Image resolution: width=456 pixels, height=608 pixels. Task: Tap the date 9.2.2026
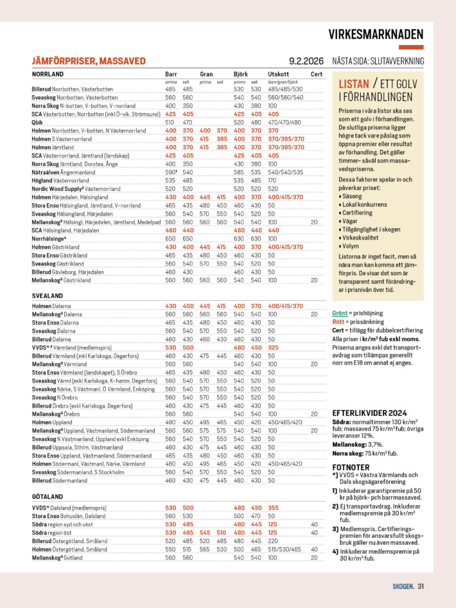[307, 61]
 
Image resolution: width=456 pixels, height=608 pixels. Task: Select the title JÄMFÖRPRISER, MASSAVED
[89, 61]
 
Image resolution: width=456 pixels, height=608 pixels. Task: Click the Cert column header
[317, 75]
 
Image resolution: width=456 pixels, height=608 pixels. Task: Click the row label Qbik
[38, 122]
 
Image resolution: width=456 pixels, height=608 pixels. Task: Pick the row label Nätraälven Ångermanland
[64, 172]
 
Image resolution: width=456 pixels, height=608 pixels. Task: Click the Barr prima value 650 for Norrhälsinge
[170, 238]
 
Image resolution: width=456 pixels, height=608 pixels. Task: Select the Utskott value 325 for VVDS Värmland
[273, 348]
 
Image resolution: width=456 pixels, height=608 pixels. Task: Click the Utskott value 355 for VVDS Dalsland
[273, 508]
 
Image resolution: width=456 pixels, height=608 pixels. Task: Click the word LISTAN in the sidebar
[353, 84]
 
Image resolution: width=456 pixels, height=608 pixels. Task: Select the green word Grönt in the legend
[340, 313]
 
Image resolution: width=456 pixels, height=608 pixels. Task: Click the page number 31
[421, 586]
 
